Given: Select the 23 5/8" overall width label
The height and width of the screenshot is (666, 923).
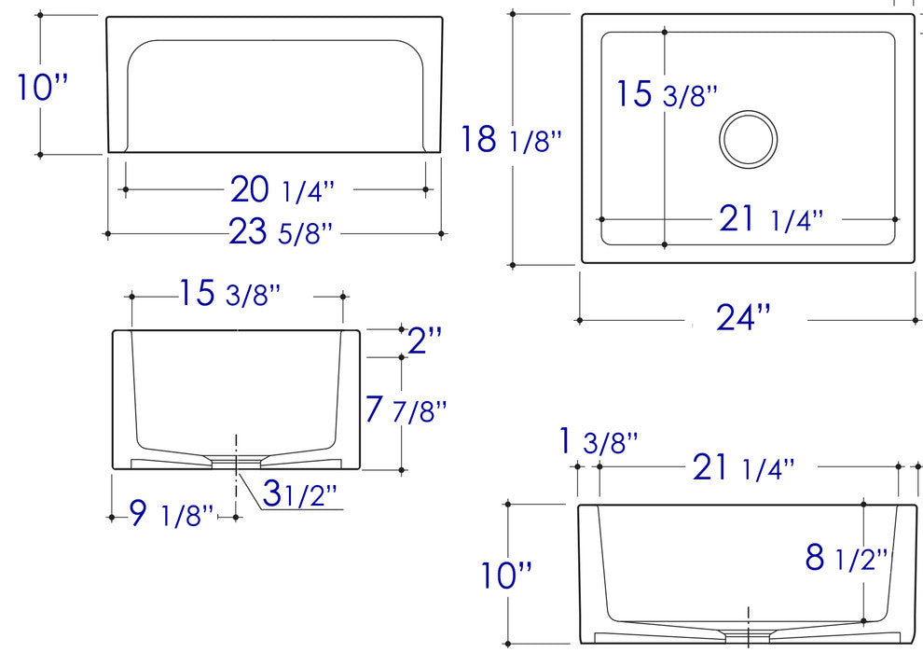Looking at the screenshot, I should tap(281, 232).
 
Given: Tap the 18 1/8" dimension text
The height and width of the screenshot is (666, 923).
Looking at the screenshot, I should tap(512, 140).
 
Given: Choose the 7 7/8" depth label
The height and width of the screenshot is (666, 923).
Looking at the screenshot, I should tap(406, 409).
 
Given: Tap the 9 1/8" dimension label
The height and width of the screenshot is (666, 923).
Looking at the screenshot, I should tap(172, 513).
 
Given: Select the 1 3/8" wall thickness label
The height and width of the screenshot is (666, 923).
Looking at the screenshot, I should tap(598, 441).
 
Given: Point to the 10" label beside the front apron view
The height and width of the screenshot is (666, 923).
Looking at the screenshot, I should tap(44, 88).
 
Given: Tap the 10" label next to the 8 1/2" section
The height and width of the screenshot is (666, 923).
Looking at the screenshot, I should tap(506, 574).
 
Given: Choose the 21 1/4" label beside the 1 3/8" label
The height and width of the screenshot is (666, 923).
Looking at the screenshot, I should tap(743, 467).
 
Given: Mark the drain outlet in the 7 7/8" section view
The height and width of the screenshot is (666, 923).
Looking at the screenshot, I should tap(236, 460).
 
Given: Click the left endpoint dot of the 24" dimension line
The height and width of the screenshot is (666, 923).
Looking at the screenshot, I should tap(580, 320).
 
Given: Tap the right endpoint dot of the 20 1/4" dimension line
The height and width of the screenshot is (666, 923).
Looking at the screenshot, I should tap(426, 188).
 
